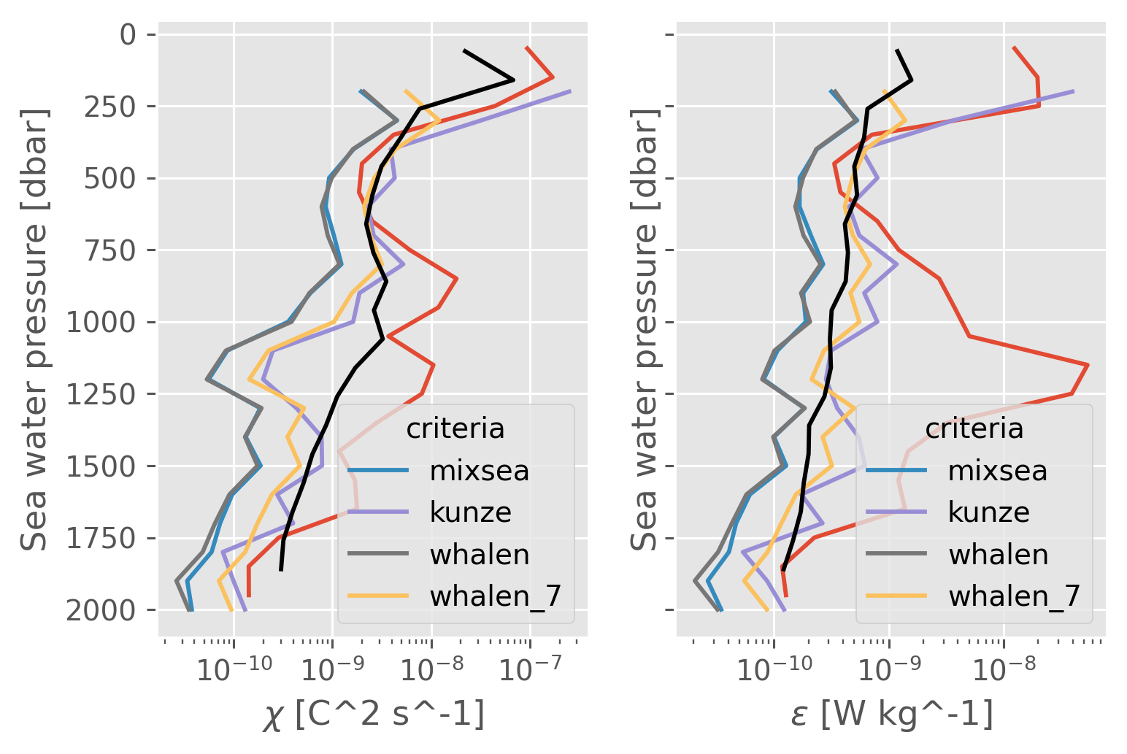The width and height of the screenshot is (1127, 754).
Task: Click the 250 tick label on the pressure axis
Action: pyautogui.click(x=107, y=107)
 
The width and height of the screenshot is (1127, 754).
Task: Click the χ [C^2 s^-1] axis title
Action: pyautogui.click(x=373, y=715)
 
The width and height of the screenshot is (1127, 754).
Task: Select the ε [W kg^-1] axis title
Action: pyautogui.click(x=891, y=715)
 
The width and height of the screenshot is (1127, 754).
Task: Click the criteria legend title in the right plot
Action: pyautogui.click(x=974, y=428)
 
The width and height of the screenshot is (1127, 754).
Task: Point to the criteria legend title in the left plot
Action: pyautogui.click(x=455, y=428)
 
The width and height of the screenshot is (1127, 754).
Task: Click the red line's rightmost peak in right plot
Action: pyautogui.click(x=1088, y=364)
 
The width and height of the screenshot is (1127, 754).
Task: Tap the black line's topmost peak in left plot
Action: pyautogui.click(x=514, y=80)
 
